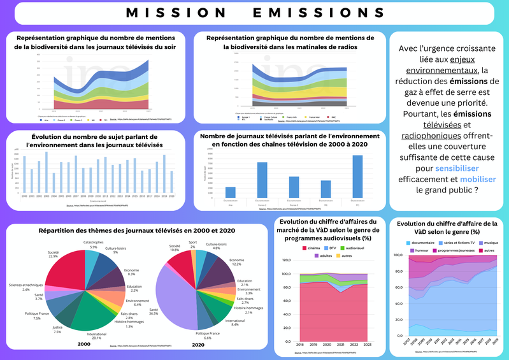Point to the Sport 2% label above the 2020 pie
(193, 244)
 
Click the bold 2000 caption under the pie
(83, 344)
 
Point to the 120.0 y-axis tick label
(284, 259)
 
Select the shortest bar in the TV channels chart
(231, 192)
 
